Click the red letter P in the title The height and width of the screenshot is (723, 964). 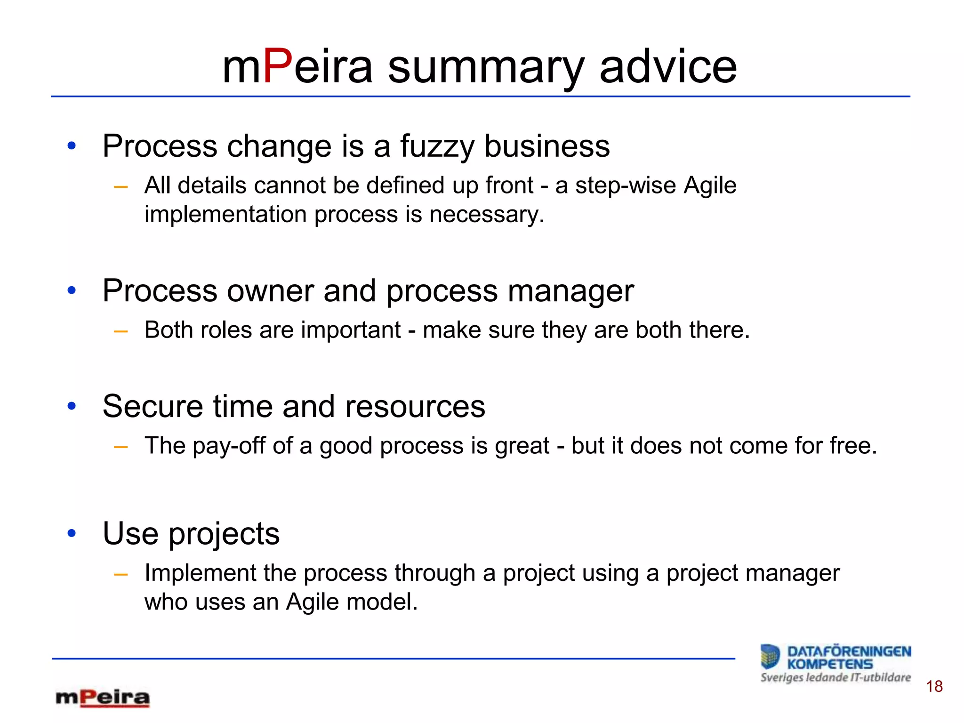pos(278,67)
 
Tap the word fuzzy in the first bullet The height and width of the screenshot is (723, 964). pos(437,146)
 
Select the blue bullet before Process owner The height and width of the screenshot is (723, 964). pos(72,290)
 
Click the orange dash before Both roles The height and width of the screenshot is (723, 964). pos(121,331)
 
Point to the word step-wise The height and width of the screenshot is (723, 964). pos(626,185)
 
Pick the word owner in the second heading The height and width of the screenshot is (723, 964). pos(270,291)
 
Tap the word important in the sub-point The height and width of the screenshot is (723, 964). pos(351,330)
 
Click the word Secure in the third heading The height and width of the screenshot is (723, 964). pos(153,406)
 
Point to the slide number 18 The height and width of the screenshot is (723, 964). pos(934,687)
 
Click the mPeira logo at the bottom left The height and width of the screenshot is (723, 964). pos(103,698)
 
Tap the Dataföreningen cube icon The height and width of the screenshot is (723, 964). pos(771,657)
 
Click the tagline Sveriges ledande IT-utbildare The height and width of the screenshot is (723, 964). pos(835,678)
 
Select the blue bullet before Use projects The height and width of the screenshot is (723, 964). pos(72,533)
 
